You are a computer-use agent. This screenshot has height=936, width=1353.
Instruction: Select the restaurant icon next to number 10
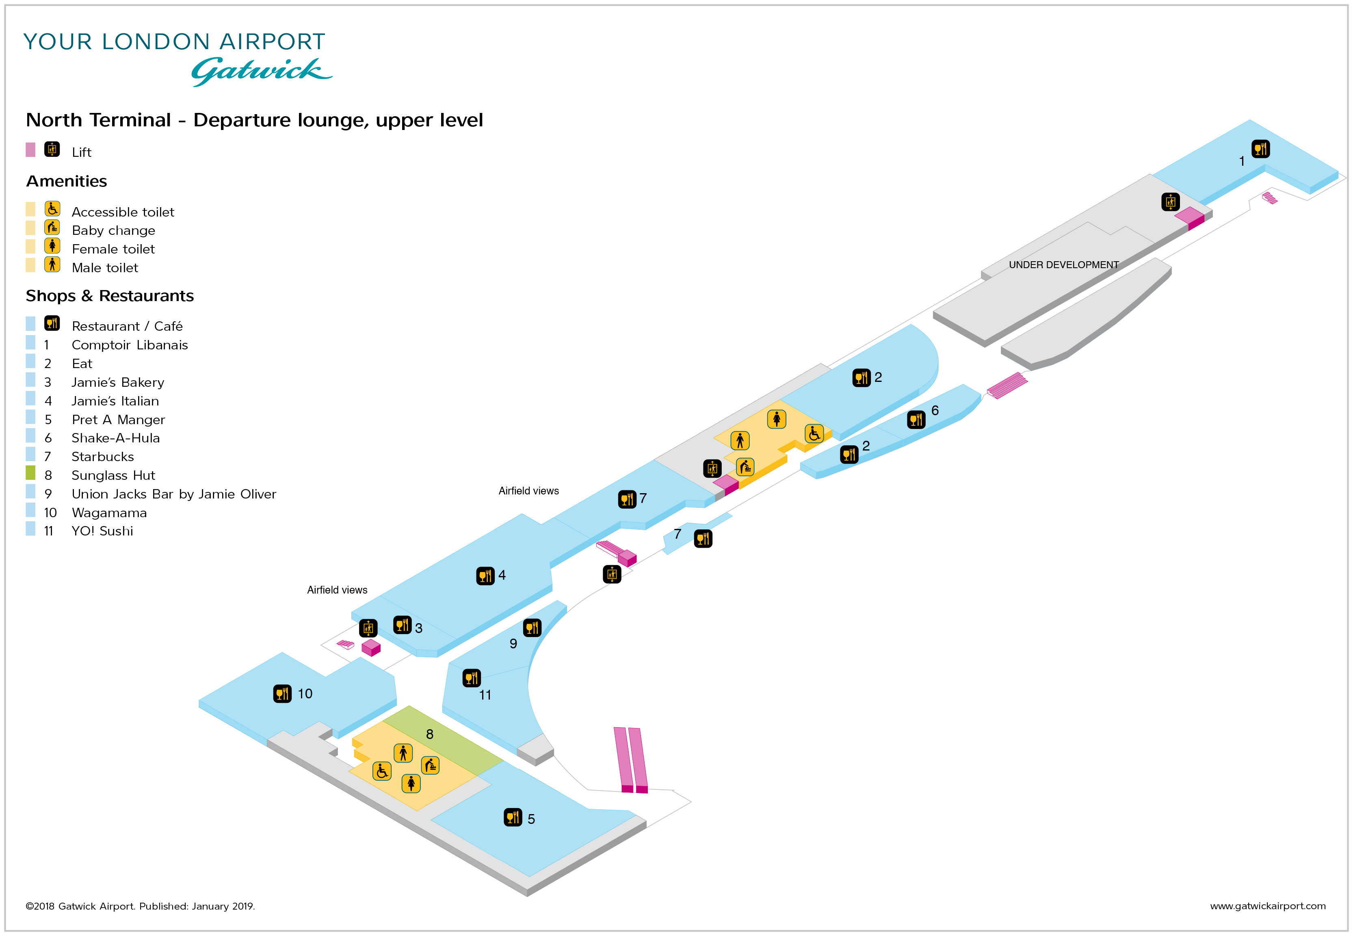pyautogui.click(x=283, y=694)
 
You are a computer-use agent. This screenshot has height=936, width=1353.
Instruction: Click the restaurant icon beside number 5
pyautogui.click(x=513, y=817)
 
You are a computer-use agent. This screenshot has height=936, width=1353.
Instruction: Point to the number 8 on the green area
pyautogui.click(x=430, y=734)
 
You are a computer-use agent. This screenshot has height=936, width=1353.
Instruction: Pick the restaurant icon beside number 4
pyautogui.click(x=485, y=576)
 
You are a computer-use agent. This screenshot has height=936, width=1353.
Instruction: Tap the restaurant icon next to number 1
pyautogui.click(x=1260, y=149)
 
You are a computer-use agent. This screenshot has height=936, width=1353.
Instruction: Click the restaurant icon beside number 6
pyautogui.click(x=916, y=419)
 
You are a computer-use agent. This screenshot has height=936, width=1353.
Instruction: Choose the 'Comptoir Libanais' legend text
pyautogui.click(x=130, y=345)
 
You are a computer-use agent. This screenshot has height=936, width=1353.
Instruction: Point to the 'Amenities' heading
pyautogui.click(x=66, y=181)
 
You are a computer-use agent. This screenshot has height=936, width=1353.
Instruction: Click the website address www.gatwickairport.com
pyautogui.click(x=1267, y=906)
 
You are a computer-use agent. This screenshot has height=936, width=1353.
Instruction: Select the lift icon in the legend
pyautogui.click(x=52, y=149)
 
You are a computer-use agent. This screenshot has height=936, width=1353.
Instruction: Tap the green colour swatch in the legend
pyautogui.click(x=30, y=473)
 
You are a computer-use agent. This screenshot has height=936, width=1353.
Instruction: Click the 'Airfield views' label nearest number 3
pyautogui.click(x=337, y=590)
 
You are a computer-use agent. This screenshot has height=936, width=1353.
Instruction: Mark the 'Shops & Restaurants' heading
pyautogui.click(x=110, y=296)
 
